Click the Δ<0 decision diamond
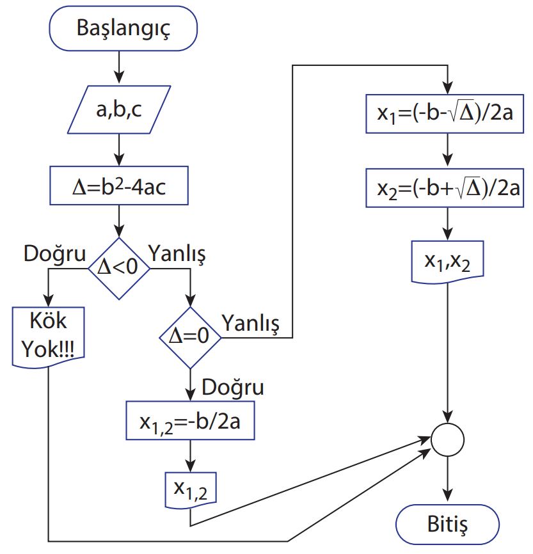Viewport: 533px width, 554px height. [118, 267]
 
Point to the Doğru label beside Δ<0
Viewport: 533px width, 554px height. [54, 254]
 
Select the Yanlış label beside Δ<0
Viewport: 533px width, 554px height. [177, 254]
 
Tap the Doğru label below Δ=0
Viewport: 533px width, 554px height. [233, 388]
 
